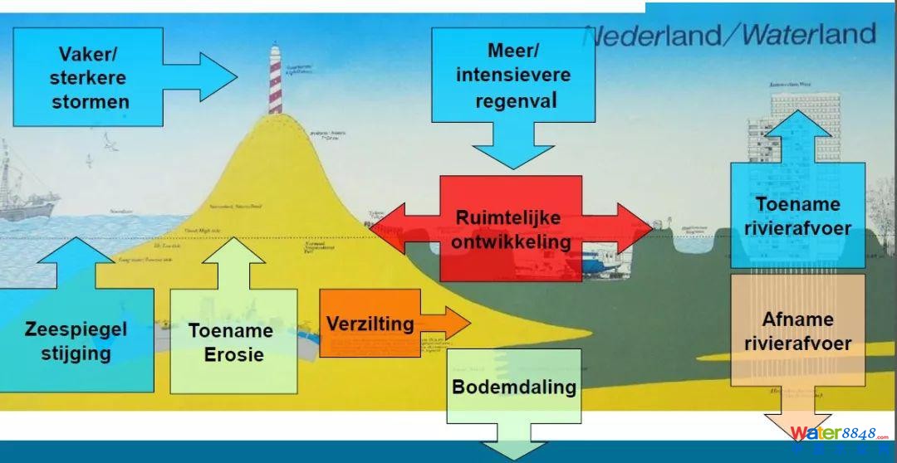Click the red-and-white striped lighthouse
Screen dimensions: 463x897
[275, 80]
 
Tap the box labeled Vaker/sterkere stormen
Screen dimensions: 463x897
[89, 77]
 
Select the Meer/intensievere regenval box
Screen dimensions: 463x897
[513, 76]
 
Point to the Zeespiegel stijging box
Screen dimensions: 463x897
[76, 340]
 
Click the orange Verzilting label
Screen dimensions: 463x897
[370, 324]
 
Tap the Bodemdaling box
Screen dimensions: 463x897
[514, 387]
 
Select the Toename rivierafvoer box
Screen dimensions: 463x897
[797, 215]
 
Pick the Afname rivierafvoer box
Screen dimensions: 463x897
[797, 330]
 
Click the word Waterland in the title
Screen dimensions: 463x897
[808, 35]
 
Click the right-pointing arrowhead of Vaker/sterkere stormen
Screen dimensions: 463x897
[218, 77]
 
